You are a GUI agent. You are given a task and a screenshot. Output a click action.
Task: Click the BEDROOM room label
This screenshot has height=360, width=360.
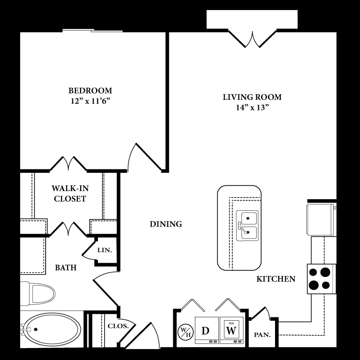tap(90, 90)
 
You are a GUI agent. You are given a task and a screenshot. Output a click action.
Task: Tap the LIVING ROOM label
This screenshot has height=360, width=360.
tap(252, 97)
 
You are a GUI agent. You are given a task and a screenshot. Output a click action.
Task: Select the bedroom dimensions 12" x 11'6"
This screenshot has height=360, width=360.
tap(90, 101)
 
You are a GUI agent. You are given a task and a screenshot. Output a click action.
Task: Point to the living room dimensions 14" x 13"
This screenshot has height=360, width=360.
tap(252, 108)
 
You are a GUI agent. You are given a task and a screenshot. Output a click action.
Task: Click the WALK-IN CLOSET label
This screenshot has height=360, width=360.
tap(70, 193)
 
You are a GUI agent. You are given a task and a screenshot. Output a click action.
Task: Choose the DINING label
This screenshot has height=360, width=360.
tap(166, 224)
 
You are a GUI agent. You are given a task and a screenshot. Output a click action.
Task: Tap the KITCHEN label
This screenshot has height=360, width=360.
tap(276, 279)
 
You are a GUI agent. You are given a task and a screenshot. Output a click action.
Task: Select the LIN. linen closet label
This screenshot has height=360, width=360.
tap(104, 251)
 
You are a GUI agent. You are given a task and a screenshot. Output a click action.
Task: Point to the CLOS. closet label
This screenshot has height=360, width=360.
tap(118, 325)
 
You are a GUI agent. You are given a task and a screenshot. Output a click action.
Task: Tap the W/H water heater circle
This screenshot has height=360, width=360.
tap(185, 331)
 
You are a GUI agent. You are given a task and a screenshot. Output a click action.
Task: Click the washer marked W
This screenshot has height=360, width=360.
tap(231, 331)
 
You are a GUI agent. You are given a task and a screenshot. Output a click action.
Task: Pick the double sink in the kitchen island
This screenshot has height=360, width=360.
tap(247, 226)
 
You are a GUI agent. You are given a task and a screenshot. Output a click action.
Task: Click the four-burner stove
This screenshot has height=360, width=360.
tap(321, 279)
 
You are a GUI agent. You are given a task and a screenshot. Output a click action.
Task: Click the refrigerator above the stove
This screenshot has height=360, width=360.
tap(320, 219)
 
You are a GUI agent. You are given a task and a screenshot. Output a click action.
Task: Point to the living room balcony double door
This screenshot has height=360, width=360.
tap(252, 38)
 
